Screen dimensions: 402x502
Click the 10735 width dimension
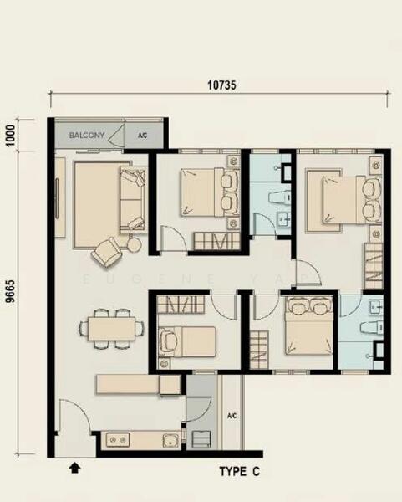click(221, 85)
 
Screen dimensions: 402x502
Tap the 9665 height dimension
click(11, 291)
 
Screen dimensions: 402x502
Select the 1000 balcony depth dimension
click(11, 135)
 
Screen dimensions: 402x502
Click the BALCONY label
click(87, 135)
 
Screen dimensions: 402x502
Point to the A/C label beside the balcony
click(143, 135)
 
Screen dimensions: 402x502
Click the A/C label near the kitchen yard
click(232, 416)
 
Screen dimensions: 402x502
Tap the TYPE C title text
click(240, 471)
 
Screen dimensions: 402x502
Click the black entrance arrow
click(75, 468)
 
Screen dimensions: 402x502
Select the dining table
click(112, 329)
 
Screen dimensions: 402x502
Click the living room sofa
click(133, 199)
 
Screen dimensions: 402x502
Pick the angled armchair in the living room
click(107, 252)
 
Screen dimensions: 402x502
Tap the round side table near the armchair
click(135, 245)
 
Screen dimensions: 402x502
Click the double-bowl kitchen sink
click(118, 440)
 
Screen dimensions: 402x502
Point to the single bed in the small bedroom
click(187, 341)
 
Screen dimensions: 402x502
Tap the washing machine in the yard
click(201, 439)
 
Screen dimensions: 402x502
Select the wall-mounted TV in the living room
click(57, 198)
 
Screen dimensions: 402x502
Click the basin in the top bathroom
click(283, 219)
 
